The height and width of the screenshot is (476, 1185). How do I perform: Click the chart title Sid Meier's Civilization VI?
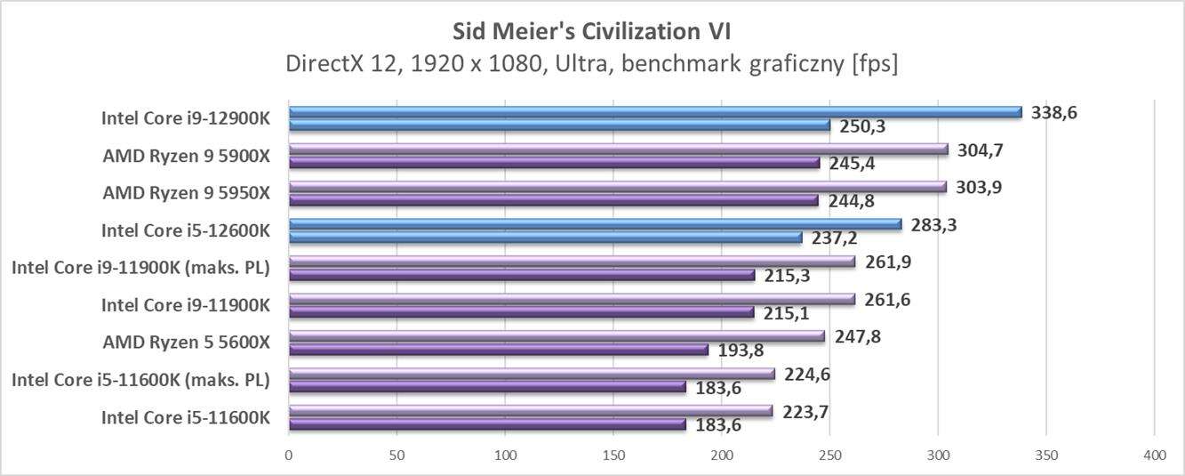point(591,32)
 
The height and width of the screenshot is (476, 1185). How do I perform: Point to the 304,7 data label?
point(981,150)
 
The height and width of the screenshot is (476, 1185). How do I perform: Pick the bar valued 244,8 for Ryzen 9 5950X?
point(553,200)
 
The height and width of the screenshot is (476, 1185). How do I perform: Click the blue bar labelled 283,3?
point(595,224)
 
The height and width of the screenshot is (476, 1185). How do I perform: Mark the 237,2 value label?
point(828,238)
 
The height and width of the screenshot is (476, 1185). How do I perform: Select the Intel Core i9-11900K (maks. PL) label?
point(140,268)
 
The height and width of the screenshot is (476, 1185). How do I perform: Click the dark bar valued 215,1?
point(521,312)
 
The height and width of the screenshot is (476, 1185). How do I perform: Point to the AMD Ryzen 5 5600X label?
point(186,343)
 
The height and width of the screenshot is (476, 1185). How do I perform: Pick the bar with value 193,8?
point(498,350)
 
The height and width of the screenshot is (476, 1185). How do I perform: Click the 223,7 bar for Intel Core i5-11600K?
point(531,411)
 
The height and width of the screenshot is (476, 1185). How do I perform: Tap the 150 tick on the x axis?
point(613,456)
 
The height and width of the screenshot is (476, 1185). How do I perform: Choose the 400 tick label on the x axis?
point(1154,456)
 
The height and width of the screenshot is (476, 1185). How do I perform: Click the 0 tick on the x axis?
point(289,456)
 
